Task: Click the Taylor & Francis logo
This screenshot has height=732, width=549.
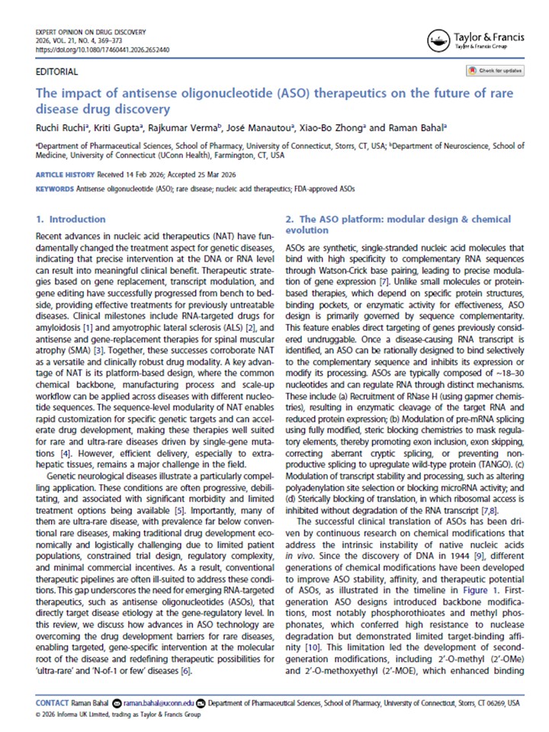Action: point(474,40)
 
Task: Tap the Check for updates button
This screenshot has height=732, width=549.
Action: point(496,71)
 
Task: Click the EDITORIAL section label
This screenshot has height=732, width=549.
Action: point(57,72)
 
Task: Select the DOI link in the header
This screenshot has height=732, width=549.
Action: point(102,50)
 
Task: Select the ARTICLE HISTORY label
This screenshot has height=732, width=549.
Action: point(66,175)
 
